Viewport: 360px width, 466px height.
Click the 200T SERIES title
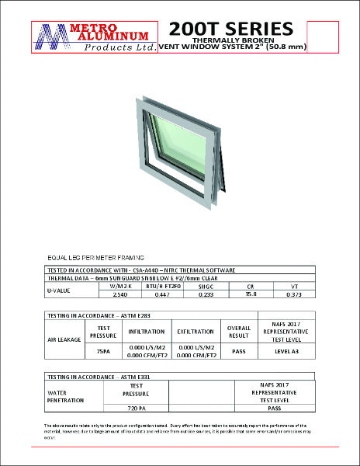pyautogui.click(x=230, y=29)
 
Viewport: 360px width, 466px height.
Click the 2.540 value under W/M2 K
pyautogui.click(x=119, y=295)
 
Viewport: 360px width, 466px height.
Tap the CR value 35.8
pyautogui.click(x=251, y=295)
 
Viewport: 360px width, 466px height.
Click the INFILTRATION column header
pyautogui.click(x=147, y=330)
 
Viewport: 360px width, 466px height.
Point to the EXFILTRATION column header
pyautogui.click(x=196, y=330)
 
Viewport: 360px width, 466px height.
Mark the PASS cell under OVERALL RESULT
pyautogui.click(x=238, y=350)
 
